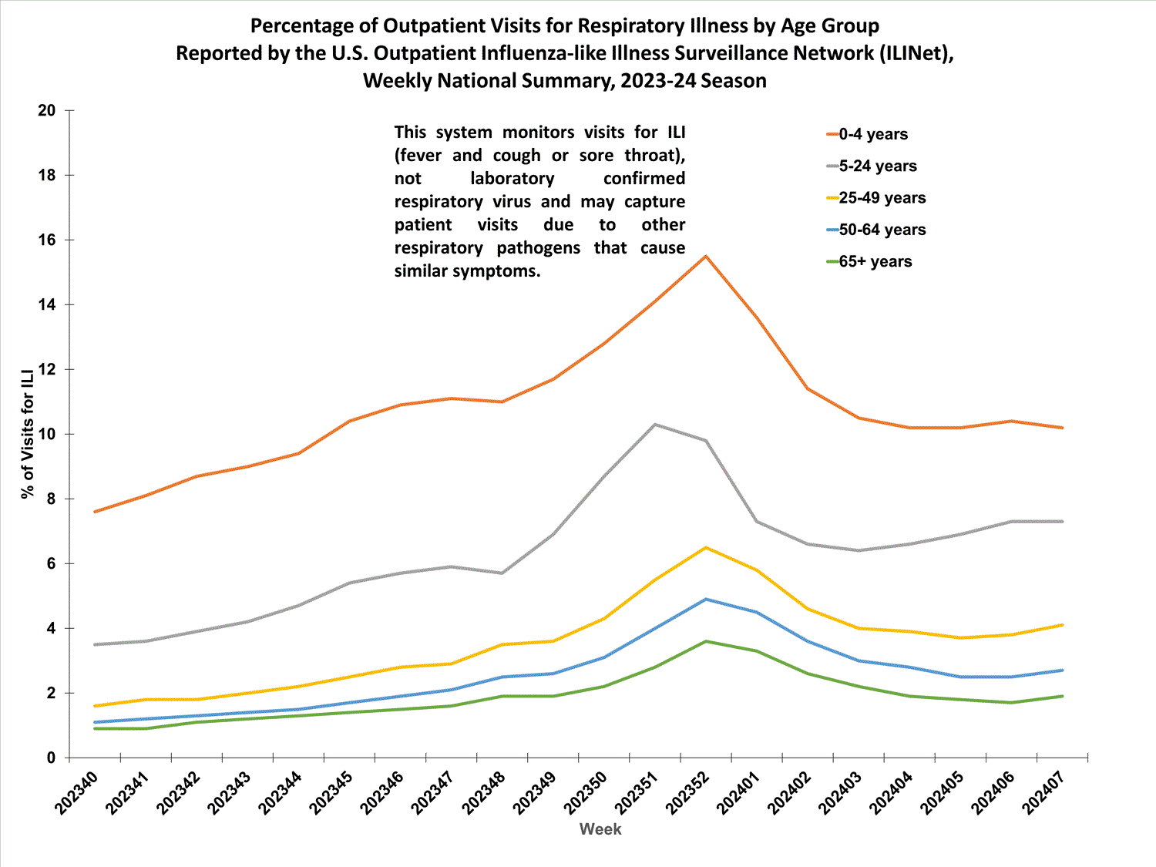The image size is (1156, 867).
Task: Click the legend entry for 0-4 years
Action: pos(872,134)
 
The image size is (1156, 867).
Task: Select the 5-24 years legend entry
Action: pos(877,166)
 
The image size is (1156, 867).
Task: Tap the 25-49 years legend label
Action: pos(882,198)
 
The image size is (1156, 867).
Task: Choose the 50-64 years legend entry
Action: pos(882,230)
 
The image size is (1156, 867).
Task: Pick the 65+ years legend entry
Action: pos(875,261)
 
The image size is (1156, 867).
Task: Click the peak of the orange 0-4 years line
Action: pos(706,256)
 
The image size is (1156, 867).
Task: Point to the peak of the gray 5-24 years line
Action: pos(655,425)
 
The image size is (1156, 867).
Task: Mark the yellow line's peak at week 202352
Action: pos(706,547)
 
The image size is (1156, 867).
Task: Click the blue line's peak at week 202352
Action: pos(706,599)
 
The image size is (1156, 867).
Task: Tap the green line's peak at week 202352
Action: pos(706,641)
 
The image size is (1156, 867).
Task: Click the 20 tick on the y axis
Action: pos(47,110)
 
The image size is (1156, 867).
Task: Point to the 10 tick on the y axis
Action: pos(47,434)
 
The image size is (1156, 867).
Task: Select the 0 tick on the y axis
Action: pos(51,758)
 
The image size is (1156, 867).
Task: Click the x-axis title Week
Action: pos(600,829)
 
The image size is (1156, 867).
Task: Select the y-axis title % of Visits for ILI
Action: pos(28,434)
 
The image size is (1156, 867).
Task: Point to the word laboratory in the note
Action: pos(512,178)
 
